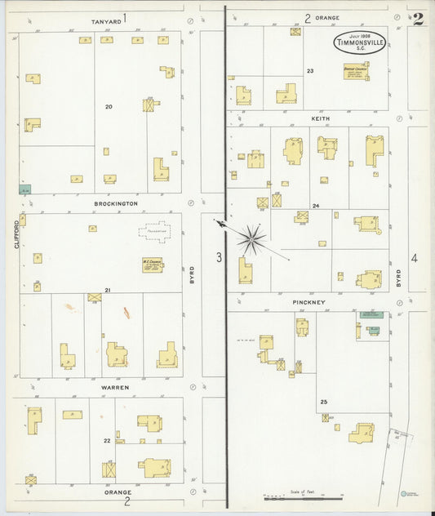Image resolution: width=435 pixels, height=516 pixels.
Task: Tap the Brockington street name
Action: pyautogui.click(x=115, y=203)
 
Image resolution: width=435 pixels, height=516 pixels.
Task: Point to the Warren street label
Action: pyautogui.click(x=116, y=388)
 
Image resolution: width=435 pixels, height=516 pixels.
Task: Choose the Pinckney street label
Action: pyautogui.click(x=309, y=302)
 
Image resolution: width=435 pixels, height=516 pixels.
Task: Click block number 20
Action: pyautogui.click(x=109, y=106)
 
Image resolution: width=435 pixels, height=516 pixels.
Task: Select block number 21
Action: pyautogui.click(x=107, y=290)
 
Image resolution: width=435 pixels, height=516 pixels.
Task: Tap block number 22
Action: pyautogui.click(x=107, y=441)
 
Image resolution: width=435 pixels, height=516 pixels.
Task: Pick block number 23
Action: pyautogui.click(x=310, y=71)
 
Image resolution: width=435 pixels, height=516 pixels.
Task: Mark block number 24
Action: pyautogui.click(x=315, y=206)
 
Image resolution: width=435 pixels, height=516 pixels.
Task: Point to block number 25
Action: pyautogui.click(x=323, y=403)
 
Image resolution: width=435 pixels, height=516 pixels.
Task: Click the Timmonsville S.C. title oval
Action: pyautogui.click(x=359, y=43)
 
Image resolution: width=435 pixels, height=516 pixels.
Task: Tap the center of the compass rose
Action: pyautogui.click(x=251, y=238)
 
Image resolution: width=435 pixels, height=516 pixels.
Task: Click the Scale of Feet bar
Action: pyautogui.click(x=302, y=497)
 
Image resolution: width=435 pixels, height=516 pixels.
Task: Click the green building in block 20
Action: pyautogui.click(x=25, y=189)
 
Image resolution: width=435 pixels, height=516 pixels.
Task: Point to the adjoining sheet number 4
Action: pyautogui.click(x=414, y=259)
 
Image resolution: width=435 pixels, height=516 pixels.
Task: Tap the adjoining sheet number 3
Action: pyautogui.click(x=219, y=258)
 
